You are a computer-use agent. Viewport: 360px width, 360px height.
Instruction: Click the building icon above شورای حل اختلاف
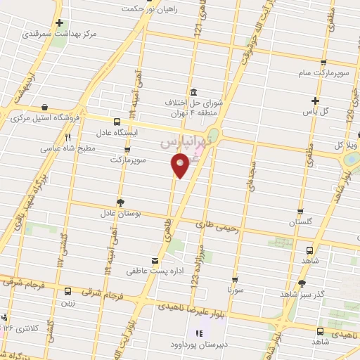point(193,93)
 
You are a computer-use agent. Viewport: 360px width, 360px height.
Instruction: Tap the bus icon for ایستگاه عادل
point(117,122)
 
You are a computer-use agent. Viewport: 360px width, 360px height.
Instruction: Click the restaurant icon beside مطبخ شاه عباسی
point(68,138)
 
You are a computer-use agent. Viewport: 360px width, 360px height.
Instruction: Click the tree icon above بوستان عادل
point(120,201)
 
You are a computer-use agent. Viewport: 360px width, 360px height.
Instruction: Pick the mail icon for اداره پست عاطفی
point(155,259)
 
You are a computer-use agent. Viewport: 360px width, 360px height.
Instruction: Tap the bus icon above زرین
point(68,292)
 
